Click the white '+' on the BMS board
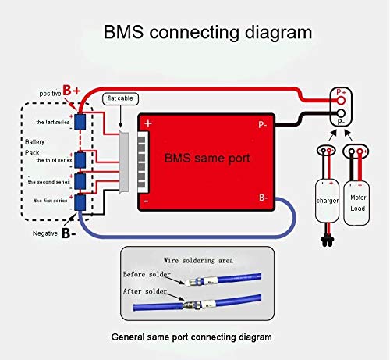click(149, 124)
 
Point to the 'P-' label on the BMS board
click(264, 123)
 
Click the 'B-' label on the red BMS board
click(264, 198)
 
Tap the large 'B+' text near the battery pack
click(72, 91)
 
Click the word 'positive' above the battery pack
click(51, 93)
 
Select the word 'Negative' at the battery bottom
click(46, 232)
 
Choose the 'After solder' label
click(146, 290)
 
